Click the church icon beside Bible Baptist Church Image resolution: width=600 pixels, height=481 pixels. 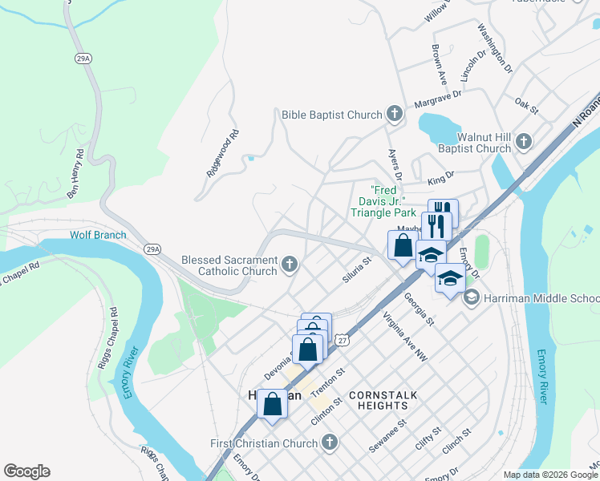point(394,114)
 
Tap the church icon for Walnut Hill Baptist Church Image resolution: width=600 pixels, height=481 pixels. point(523,142)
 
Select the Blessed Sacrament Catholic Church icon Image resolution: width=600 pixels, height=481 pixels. point(290,264)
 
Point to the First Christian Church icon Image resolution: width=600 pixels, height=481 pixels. point(329,443)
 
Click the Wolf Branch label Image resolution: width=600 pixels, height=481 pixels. point(98,235)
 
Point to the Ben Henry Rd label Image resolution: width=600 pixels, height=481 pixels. point(76,173)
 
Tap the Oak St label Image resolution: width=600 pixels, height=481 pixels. point(525,103)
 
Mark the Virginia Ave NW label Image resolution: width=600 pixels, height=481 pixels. point(406,337)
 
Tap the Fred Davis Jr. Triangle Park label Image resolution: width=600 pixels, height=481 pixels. point(383,201)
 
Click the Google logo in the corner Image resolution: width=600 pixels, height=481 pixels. point(26,471)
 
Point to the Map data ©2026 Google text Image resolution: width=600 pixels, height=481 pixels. point(550,474)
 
